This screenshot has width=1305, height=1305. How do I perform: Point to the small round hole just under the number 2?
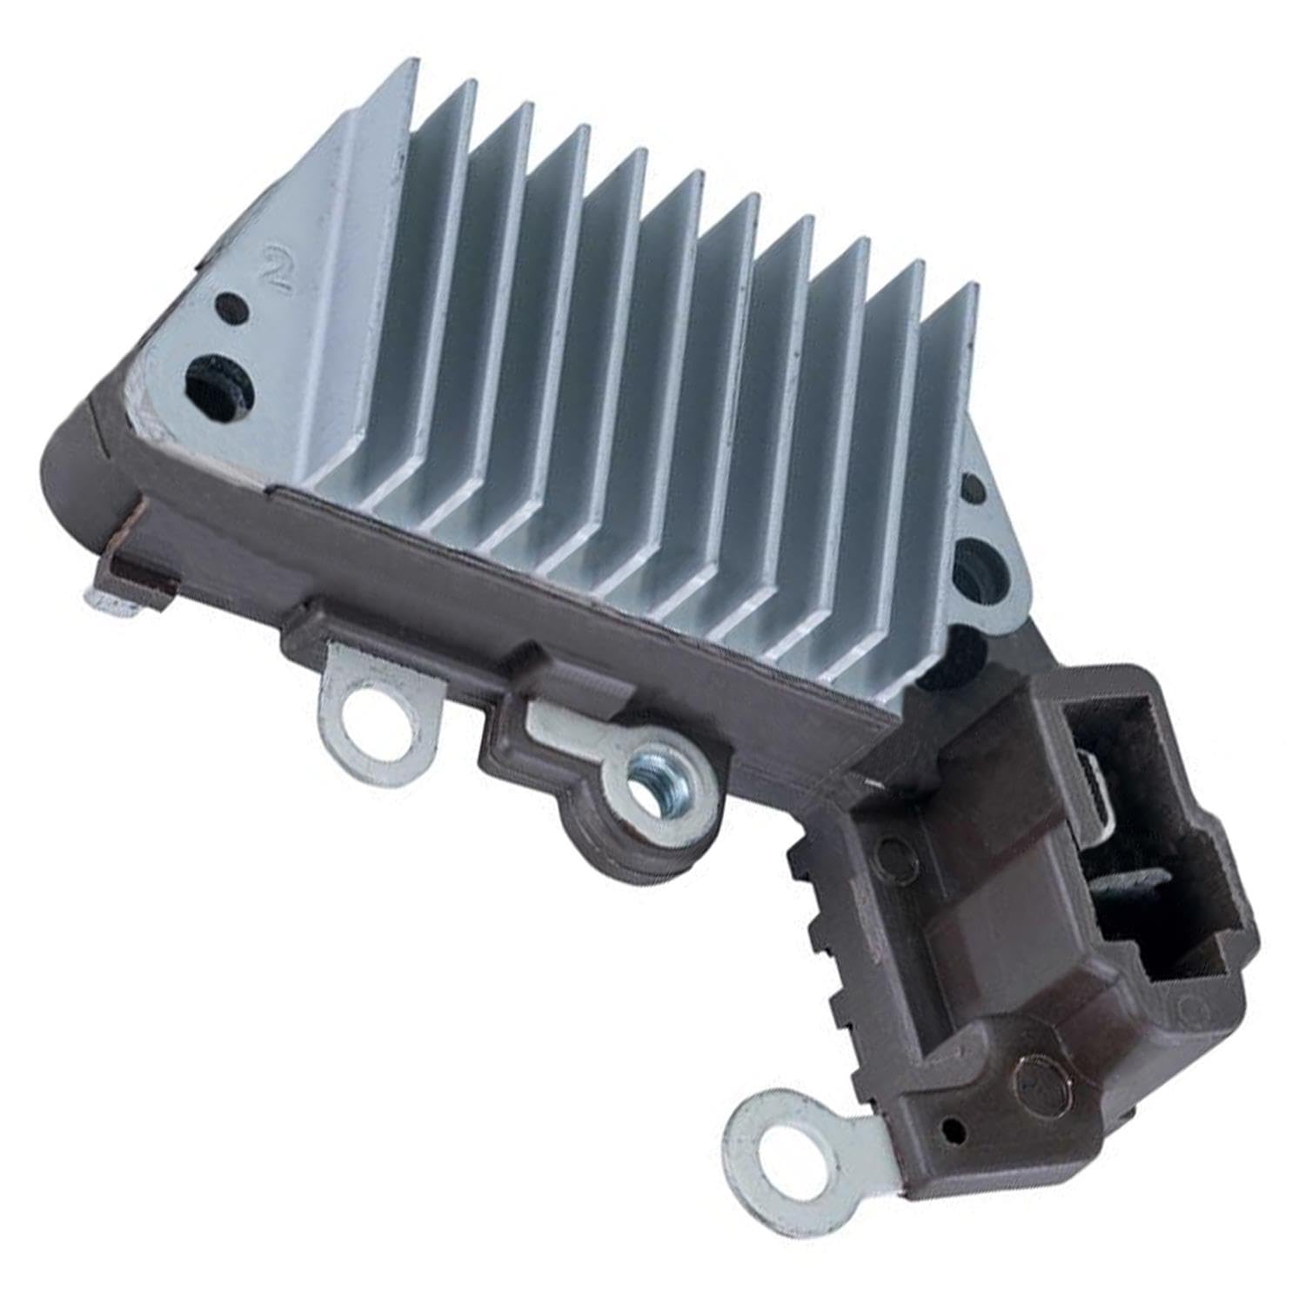228,307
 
